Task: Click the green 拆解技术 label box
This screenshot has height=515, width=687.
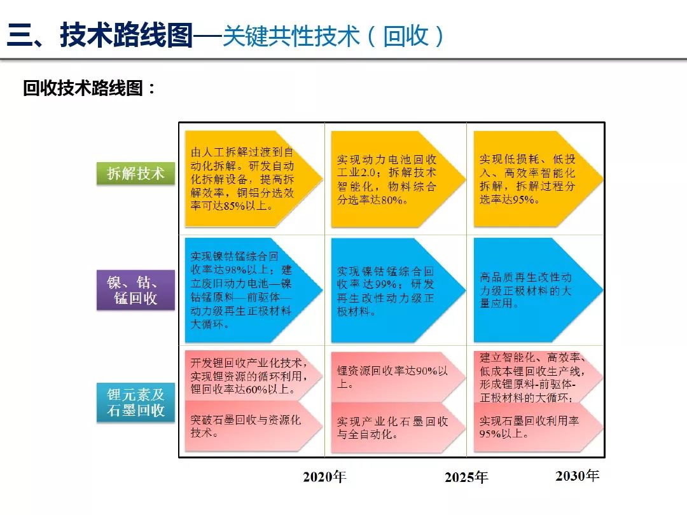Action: coord(136,174)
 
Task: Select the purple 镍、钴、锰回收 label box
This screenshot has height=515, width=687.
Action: coord(136,290)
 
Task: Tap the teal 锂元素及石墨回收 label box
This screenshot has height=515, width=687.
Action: coord(136,402)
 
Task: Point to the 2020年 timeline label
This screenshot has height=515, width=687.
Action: coord(324,476)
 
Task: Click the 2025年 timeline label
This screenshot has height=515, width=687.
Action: coord(466,477)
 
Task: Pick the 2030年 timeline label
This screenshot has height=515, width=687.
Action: coord(577,475)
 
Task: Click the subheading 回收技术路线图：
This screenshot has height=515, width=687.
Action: coord(90,88)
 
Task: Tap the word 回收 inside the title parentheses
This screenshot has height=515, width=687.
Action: coord(406,36)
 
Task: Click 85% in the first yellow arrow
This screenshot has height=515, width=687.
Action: coord(234,206)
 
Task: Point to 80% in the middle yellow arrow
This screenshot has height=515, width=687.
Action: coord(392,200)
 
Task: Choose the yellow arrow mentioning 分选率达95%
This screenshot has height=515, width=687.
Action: coord(539,179)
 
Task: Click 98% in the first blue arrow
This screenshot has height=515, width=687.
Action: coord(236,270)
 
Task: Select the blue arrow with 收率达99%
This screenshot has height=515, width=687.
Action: coord(398,290)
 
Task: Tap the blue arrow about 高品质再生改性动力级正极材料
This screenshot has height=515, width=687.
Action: coord(539,290)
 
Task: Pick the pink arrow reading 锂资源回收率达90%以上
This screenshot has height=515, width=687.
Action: coord(398,376)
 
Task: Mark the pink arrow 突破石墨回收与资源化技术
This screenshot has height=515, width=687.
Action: coord(254,426)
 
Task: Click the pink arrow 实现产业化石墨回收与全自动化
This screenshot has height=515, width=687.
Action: coord(398,428)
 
